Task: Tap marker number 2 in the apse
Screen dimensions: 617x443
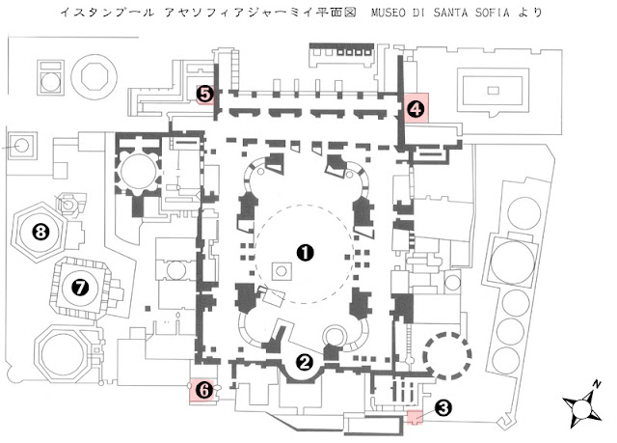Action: [305, 363]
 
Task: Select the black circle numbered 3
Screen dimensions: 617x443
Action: [443, 407]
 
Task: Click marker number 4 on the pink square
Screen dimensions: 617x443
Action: [415, 109]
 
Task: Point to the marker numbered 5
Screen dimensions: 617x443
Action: [205, 94]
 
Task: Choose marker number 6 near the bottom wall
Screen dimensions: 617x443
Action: [202, 391]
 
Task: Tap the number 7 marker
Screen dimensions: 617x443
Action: [80, 286]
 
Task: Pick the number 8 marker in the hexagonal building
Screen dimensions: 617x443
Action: [40, 231]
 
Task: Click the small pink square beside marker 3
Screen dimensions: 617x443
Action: [415, 417]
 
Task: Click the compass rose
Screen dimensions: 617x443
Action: [582, 409]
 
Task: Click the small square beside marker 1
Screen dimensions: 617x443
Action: [282, 272]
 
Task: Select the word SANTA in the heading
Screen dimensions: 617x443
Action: [443, 14]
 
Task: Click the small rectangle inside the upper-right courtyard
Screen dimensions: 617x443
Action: [494, 92]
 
